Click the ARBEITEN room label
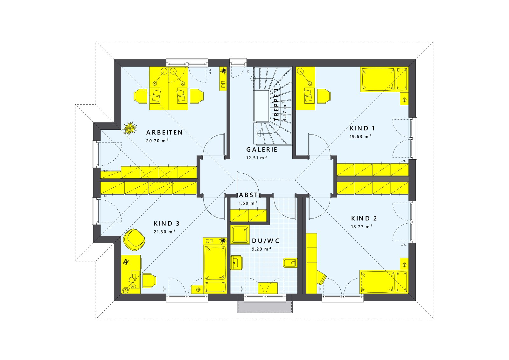164,132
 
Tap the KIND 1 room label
362,128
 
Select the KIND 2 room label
364,218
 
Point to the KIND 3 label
167,224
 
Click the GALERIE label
262,150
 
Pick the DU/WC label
266,241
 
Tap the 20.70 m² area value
157,141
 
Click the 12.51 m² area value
256,158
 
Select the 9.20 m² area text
261,249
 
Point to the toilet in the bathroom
290,263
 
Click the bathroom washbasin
237,263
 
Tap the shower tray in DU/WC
240,235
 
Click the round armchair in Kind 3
134,239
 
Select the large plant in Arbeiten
130,128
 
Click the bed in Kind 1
384,79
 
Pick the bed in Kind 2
384,282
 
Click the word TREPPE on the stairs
276,105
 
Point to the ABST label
248,195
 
